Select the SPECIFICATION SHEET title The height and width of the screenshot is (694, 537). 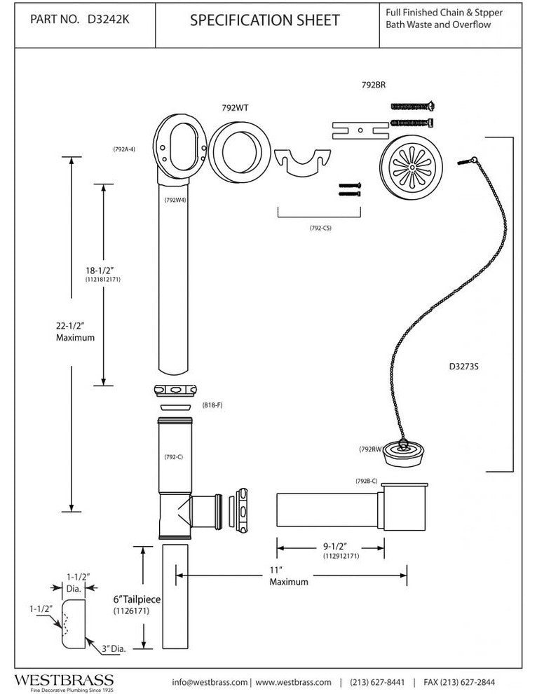(265, 21)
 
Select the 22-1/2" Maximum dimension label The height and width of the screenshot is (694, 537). (75, 330)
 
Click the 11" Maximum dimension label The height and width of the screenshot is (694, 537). (288, 576)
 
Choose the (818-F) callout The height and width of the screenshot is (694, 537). (212, 406)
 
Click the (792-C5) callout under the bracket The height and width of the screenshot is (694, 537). (320, 228)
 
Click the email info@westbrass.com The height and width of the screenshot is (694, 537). (210, 682)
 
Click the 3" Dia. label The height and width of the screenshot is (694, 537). (113, 648)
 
